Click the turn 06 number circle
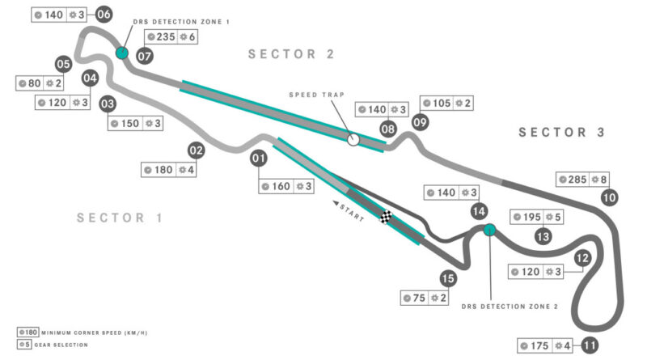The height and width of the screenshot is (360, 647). coord(104,14)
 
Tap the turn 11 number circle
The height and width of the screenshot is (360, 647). coord(590,345)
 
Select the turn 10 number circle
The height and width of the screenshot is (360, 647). coord(609,197)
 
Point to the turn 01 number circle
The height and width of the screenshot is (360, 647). coord(259,159)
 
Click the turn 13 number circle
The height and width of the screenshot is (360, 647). coord(543,236)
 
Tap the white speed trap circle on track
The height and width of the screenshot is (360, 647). coord(353,139)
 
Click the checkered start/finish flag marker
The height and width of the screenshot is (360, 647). coord(387,216)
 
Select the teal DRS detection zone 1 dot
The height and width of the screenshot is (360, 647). coord(122,53)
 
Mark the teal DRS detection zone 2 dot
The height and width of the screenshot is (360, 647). coord(488,230)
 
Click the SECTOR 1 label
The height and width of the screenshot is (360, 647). coord(120,218)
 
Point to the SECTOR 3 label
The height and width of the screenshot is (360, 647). coord(562,133)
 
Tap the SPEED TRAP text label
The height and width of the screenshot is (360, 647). coord(311,95)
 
